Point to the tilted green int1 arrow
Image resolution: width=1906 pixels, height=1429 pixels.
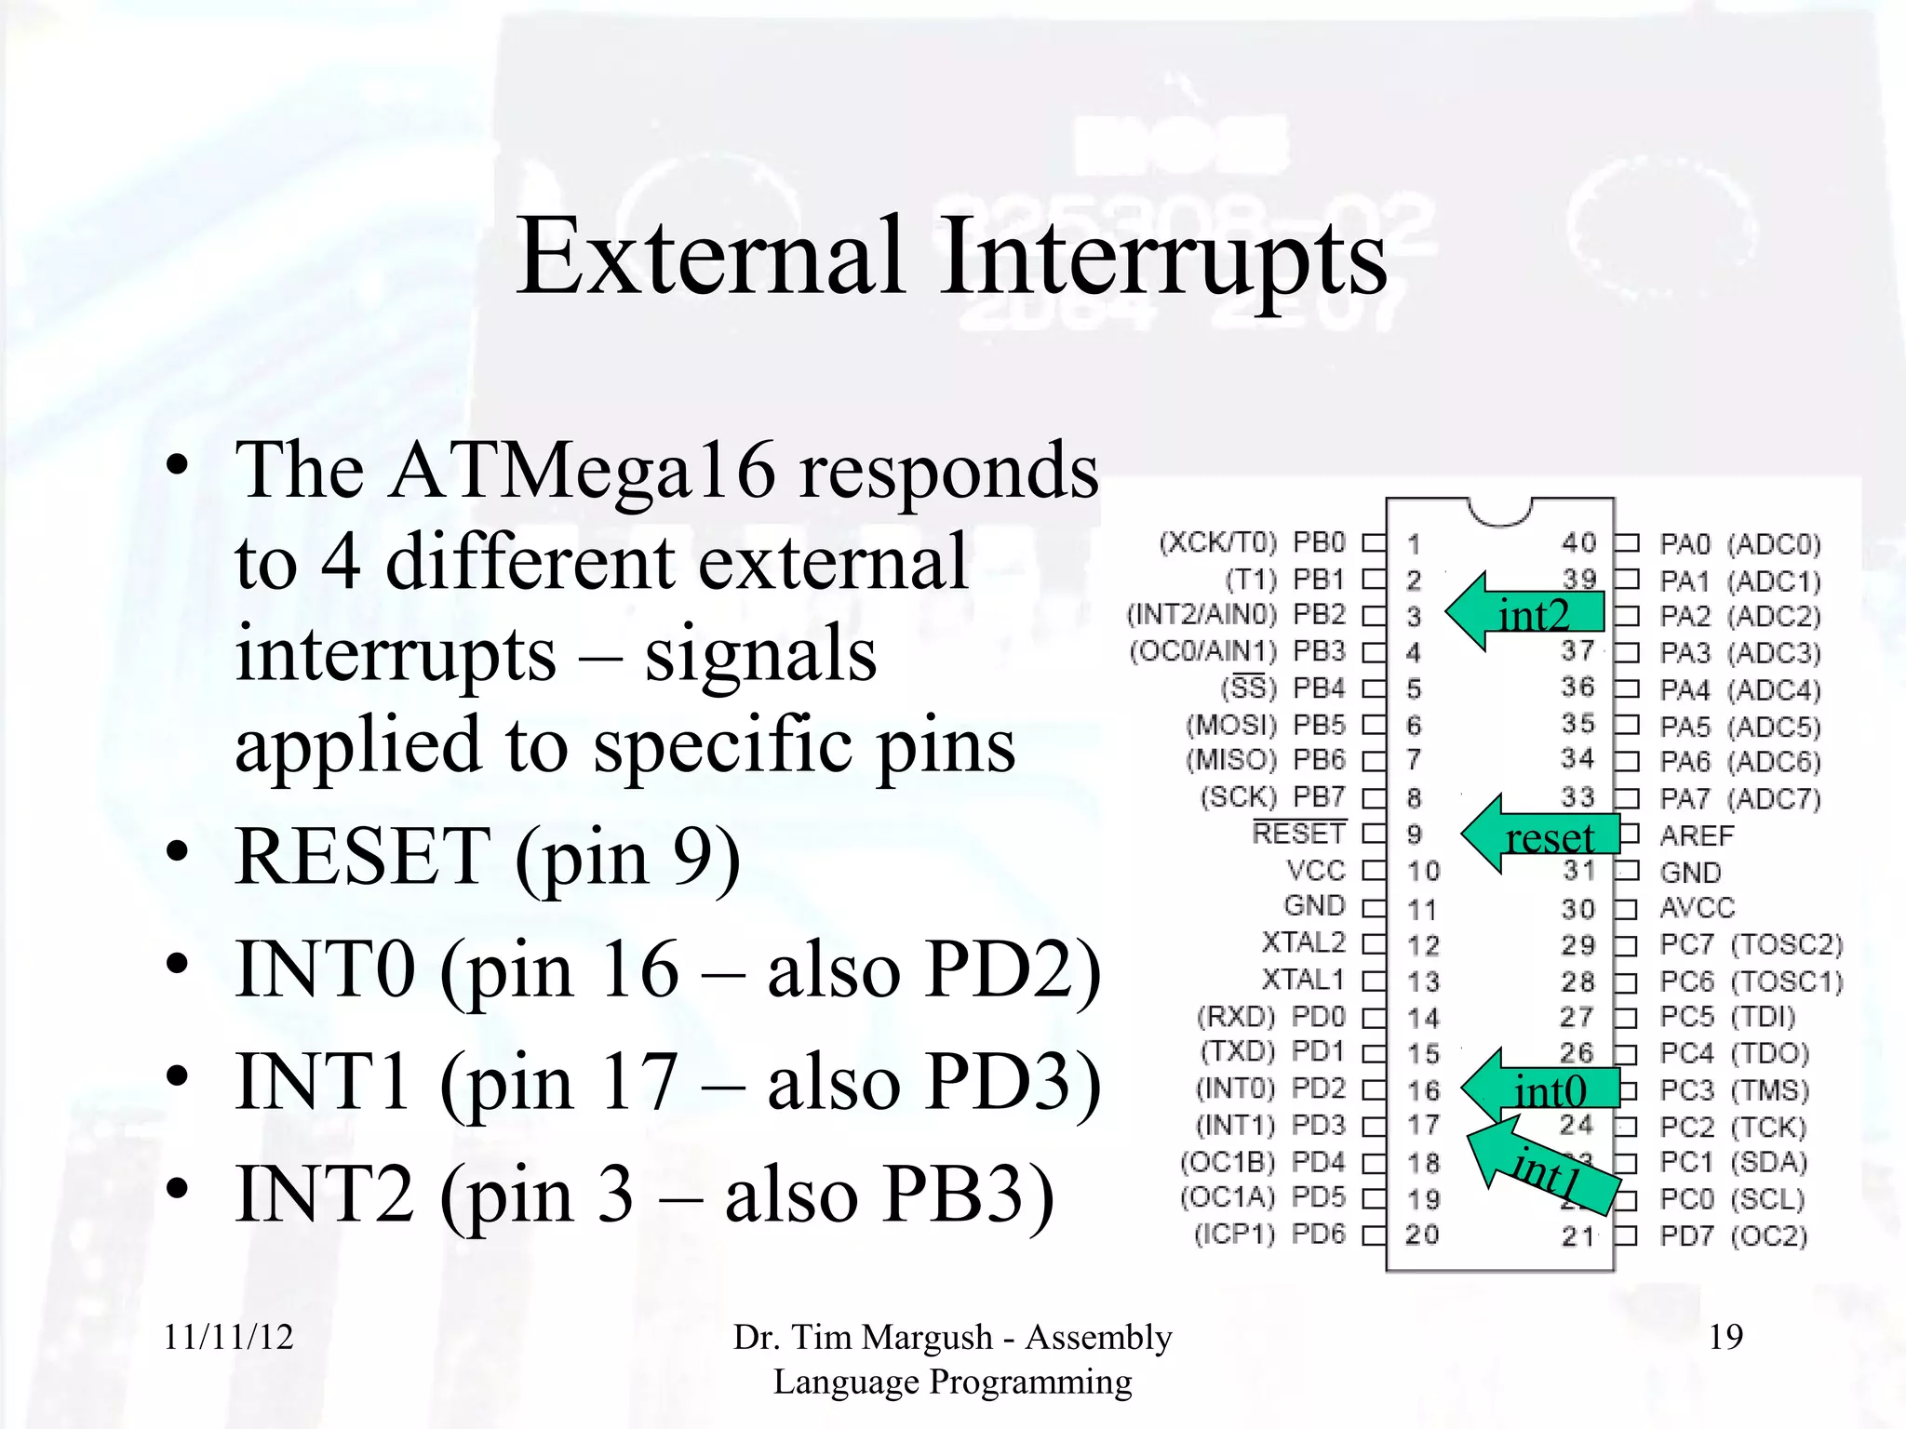pyautogui.click(x=1545, y=1168)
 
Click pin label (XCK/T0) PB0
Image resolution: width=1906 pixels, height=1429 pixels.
pyautogui.click(x=1252, y=542)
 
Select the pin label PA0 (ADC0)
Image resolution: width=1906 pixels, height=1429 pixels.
pyautogui.click(x=1738, y=544)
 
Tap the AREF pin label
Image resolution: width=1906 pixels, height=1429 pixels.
pyautogui.click(x=1697, y=835)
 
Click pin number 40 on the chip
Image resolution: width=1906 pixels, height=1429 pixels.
pyautogui.click(x=1578, y=542)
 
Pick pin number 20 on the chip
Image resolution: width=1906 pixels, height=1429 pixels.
pyautogui.click(x=1422, y=1235)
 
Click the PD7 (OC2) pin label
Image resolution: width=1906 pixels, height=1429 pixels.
pyautogui.click(x=1733, y=1236)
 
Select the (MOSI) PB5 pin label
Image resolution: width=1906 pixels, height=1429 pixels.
pyautogui.click(x=1266, y=725)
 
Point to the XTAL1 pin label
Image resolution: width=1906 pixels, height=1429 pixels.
pyautogui.click(x=1303, y=980)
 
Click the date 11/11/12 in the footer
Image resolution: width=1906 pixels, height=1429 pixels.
pyautogui.click(x=228, y=1338)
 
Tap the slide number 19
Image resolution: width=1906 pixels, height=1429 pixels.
pyautogui.click(x=1725, y=1338)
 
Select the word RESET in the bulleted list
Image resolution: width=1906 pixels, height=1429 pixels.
pyautogui.click(x=363, y=857)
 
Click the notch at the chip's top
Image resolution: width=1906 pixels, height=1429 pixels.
pyautogui.click(x=1499, y=511)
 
